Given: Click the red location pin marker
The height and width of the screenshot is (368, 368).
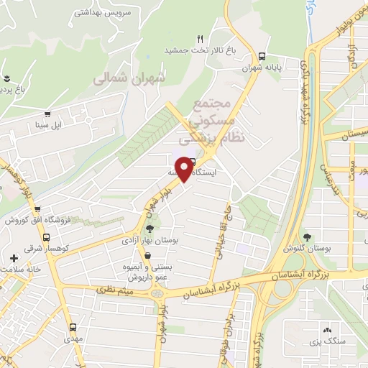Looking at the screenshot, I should click(x=185, y=168).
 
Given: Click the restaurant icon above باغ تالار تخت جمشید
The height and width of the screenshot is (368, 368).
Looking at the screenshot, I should click(x=201, y=39).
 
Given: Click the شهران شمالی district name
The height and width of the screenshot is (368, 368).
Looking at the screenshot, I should click(x=129, y=79).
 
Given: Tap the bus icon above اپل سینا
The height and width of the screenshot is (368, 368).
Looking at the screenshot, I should click(x=48, y=114).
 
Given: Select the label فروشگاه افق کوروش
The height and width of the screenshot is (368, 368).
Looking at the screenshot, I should click(x=35, y=220).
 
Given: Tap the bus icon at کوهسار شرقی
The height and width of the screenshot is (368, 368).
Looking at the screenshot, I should click(x=47, y=238).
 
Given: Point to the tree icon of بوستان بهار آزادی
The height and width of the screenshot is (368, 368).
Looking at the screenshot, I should click(x=149, y=229).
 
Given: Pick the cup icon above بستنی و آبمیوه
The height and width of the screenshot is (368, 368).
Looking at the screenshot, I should click(x=147, y=255).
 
